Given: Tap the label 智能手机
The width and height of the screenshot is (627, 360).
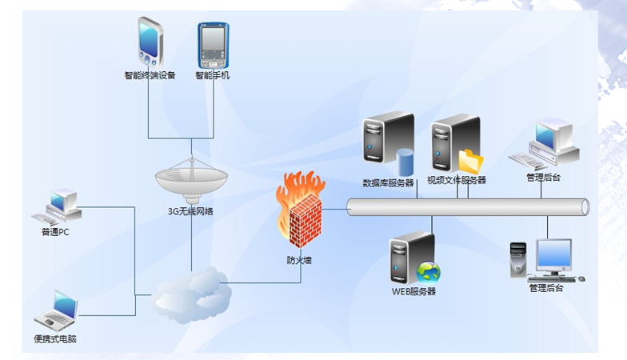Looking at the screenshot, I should [x=213, y=76].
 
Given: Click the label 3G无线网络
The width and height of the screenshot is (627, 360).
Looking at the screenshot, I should [x=191, y=212].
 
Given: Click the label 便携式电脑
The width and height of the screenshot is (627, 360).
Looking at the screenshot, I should [x=56, y=338].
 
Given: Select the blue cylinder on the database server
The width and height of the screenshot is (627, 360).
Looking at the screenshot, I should [x=405, y=163].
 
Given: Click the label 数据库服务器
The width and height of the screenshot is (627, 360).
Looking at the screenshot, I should [x=389, y=182].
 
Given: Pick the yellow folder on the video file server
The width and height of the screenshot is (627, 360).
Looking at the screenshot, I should [x=471, y=162].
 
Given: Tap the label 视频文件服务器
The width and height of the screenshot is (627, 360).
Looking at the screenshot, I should [x=457, y=181].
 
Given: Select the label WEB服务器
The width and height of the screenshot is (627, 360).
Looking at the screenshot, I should [x=413, y=291].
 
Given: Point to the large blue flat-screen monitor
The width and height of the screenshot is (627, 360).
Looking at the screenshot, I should [x=554, y=256].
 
